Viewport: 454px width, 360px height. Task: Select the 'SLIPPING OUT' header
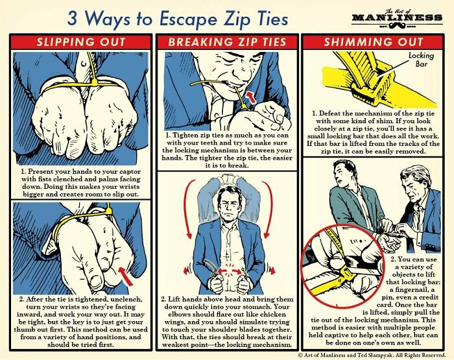(x=81, y=42)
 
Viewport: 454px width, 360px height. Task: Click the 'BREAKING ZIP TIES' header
(x=227, y=42)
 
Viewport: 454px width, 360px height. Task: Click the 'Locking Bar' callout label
(x=421, y=60)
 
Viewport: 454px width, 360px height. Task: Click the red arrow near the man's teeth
(x=246, y=97)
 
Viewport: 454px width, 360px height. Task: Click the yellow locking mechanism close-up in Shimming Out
(x=363, y=81)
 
